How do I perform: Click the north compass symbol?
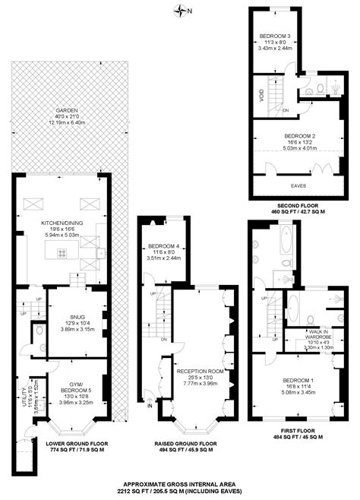(x=179, y=11)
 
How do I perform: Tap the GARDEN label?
(x=58, y=109)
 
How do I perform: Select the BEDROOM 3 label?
(x=275, y=36)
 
